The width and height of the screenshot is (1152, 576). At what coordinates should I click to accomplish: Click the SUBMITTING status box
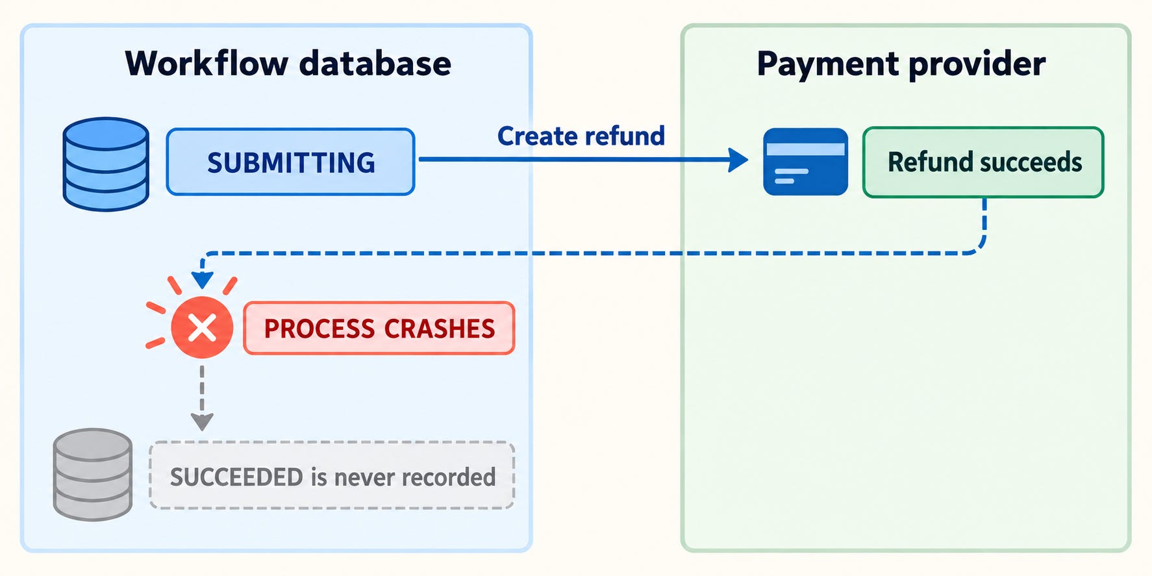pos(290,162)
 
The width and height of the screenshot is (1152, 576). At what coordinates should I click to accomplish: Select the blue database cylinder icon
pos(106,164)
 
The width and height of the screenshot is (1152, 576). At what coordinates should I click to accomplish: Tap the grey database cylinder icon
pos(93,474)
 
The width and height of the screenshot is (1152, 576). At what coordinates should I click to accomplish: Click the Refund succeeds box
pos(983,162)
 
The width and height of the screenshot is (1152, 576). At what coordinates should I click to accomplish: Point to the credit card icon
pos(805,162)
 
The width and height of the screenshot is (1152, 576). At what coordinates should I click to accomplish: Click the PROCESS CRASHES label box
pos(379,328)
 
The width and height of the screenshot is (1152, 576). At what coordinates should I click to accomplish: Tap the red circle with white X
pos(202,328)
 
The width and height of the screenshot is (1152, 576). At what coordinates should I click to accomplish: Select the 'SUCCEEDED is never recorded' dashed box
pos(332,475)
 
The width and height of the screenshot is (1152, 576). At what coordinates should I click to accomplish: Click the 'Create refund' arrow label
pos(581,136)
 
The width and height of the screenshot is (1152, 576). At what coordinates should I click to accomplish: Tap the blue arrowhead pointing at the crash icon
pos(203,280)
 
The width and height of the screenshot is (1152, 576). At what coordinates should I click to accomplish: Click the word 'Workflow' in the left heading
pos(207,64)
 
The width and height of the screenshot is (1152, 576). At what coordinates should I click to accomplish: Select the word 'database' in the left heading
pos(375,64)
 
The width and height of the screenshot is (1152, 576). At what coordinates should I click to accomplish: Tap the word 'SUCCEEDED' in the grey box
pos(236,477)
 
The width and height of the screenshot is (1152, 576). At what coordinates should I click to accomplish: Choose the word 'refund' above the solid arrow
pos(625,136)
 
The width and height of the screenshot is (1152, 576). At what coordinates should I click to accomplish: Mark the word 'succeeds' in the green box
pos(1031,162)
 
